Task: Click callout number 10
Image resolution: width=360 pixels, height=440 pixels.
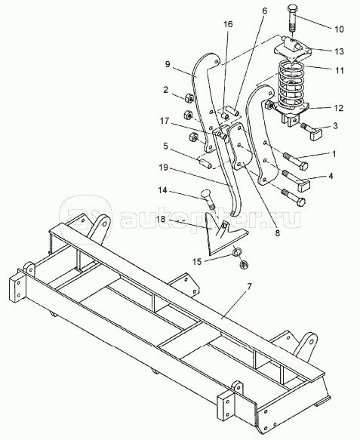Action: (x=339, y=29)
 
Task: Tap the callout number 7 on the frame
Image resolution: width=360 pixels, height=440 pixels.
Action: (x=249, y=287)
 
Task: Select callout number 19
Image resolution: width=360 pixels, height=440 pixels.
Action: (x=163, y=168)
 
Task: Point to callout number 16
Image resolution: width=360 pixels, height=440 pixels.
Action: (x=228, y=24)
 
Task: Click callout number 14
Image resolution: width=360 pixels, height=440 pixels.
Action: (x=162, y=190)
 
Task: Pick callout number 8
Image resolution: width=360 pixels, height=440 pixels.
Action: (x=277, y=232)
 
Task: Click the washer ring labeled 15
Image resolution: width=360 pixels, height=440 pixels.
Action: (x=237, y=251)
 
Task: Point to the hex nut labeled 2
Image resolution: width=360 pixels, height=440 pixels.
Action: (x=189, y=98)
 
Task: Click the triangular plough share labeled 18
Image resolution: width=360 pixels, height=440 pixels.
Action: (x=223, y=234)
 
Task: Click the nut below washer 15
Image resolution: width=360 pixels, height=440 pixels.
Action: (x=243, y=264)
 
